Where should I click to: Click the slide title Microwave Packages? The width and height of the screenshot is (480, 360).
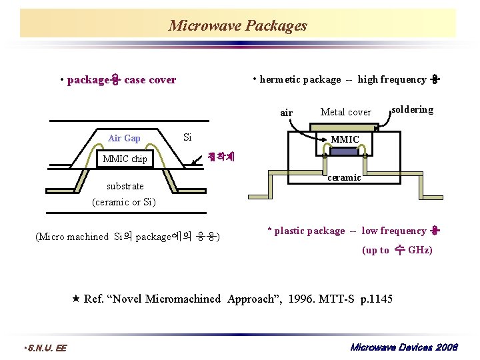tap(237, 26)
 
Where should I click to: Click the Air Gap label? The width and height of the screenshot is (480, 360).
tap(124, 138)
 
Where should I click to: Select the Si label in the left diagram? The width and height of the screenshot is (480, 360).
tap(187, 137)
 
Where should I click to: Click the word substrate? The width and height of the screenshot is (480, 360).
tap(125, 186)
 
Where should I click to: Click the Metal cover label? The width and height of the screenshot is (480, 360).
tap(345, 112)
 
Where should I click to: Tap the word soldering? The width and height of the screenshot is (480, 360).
tap(412, 109)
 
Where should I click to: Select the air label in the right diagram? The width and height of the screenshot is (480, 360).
tap(286, 113)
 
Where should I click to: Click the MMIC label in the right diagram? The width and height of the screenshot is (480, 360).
tap(345, 139)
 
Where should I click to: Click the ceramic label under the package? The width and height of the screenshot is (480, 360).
tap(345, 177)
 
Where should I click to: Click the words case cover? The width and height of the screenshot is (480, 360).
tap(150, 80)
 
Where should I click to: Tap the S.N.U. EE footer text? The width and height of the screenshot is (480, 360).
tap(45, 347)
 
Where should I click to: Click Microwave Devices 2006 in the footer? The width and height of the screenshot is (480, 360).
tap(404, 347)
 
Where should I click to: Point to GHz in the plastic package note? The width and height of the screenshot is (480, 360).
tap(419, 250)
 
